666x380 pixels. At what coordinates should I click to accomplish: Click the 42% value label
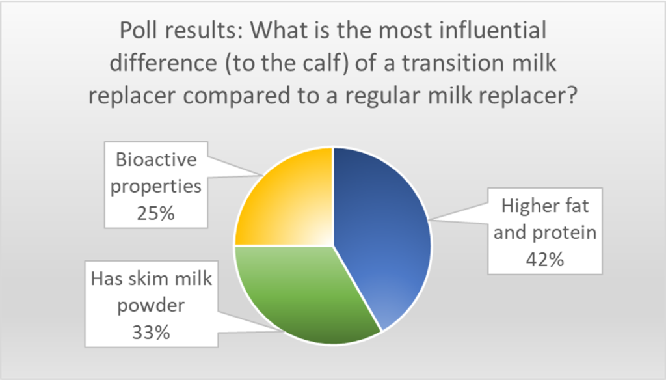545,259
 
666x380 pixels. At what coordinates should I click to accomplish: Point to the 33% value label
151,332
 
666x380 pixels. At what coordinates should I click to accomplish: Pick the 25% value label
155,213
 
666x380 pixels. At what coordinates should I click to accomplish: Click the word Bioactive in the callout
156,160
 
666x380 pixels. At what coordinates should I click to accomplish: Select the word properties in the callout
156,187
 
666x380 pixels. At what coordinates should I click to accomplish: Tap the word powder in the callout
151,306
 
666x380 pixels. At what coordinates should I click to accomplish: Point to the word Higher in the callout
526,206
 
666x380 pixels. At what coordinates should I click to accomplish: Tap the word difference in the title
163,63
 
